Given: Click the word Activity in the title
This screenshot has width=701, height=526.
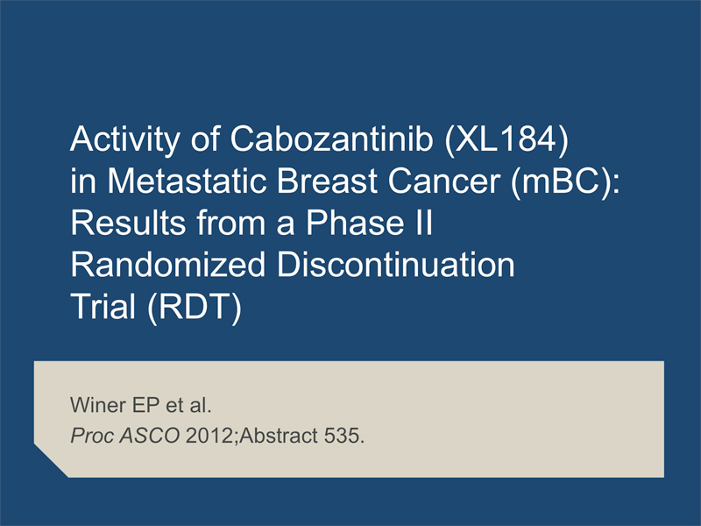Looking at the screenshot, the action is pos(125,139).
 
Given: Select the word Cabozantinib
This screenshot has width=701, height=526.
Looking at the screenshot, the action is pos(331,139).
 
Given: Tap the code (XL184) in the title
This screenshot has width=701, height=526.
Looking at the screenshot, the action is pos(506,139).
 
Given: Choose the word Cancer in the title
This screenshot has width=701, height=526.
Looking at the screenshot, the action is pos(444,181).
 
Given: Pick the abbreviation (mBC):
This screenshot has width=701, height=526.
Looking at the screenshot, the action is pos(566,182).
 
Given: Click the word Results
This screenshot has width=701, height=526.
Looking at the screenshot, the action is pos(128,223).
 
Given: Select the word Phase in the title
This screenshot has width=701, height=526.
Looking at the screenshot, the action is pos(356,223).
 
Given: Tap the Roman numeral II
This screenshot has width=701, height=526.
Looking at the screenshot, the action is pos(424,223).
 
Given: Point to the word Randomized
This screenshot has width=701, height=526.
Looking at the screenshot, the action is pos(168,265).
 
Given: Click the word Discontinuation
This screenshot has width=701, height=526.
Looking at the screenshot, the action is pos(396,265).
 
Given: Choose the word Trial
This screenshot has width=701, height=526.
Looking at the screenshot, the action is pos(103,307).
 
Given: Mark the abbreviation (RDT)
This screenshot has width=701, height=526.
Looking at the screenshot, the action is pos(194,308).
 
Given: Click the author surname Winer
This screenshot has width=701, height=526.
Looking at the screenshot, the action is pos(98,405).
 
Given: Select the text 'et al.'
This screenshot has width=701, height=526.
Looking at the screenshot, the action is pos(188,405).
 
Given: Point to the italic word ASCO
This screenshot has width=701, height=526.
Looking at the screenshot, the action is pos(150,436).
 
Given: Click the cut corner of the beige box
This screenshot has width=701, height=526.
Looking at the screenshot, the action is pos(51,461).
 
